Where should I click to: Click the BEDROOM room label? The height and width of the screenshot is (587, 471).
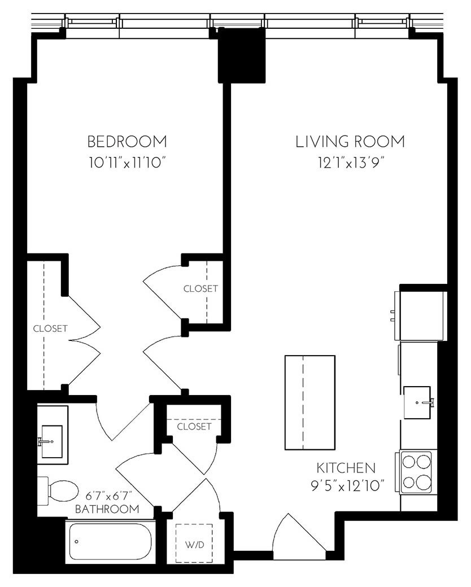pos(127,141)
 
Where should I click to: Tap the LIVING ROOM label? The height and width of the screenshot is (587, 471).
pos(350,141)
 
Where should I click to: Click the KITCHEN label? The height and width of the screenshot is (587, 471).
pos(346,467)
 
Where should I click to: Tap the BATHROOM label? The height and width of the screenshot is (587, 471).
pos(107,509)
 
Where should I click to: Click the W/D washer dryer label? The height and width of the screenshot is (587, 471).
pos(194,546)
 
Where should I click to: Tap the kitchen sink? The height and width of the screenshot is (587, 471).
pos(418,402)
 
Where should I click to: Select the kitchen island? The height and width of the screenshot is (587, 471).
pos(309,402)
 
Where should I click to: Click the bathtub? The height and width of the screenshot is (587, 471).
pos(110,541)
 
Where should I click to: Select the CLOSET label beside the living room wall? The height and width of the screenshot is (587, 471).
pos(200,288)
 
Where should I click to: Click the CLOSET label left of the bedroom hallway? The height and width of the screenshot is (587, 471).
pos(50,328)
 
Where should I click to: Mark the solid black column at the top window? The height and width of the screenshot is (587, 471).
pos(241,55)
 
